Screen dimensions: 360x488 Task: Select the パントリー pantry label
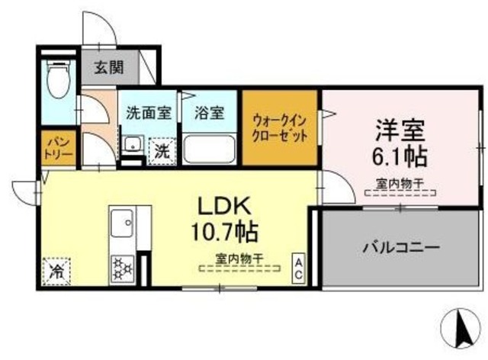(58, 147)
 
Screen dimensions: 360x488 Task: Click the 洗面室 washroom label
(148, 114)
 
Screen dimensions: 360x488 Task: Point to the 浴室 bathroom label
(209, 114)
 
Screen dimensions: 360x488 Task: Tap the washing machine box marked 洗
(162, 150)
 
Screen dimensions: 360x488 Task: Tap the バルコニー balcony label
(400, 248)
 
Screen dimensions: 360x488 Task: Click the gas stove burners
(121, 268)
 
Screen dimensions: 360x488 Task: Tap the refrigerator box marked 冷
(56, 269)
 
